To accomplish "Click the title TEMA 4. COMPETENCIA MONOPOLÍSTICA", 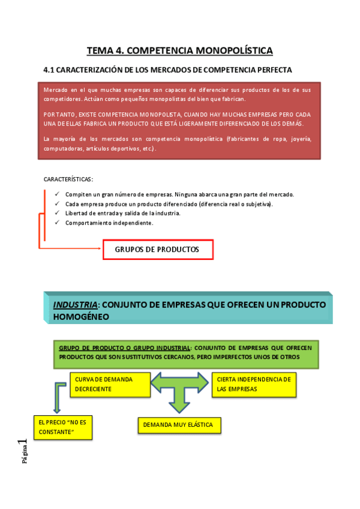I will click(180, 50).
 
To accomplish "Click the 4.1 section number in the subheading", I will click(49, 70).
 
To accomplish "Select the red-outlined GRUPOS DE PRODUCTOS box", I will click(158, 250).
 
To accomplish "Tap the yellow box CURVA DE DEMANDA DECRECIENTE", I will click(110, 384).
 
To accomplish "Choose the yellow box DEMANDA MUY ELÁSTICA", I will click(178, 425).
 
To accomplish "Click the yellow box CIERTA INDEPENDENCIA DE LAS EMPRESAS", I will click(254, 384).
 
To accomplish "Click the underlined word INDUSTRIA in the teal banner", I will click(75, 304).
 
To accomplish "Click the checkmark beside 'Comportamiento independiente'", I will click(56, 223).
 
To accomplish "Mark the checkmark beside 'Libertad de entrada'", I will click(56, 213).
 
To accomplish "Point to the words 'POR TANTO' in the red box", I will click(57, 114).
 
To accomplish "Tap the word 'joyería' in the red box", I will click(301, 139).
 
